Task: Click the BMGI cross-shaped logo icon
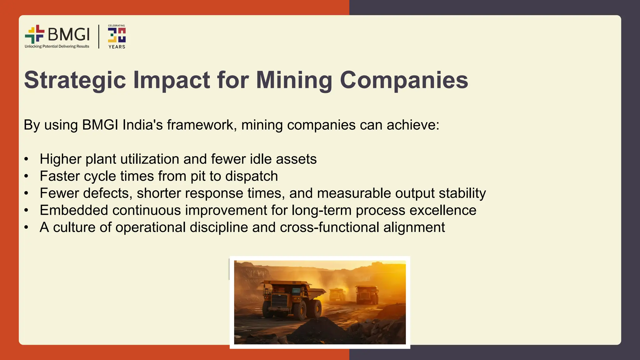35,34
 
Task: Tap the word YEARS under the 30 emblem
117,47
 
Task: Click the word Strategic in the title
75,80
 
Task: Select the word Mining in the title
294,80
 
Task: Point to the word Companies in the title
404,80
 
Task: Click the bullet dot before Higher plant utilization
26,159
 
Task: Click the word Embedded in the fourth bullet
74,210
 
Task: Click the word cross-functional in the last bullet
329,227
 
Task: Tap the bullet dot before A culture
26,227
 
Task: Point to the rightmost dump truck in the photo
367,294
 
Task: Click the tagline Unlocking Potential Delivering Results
57,47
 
